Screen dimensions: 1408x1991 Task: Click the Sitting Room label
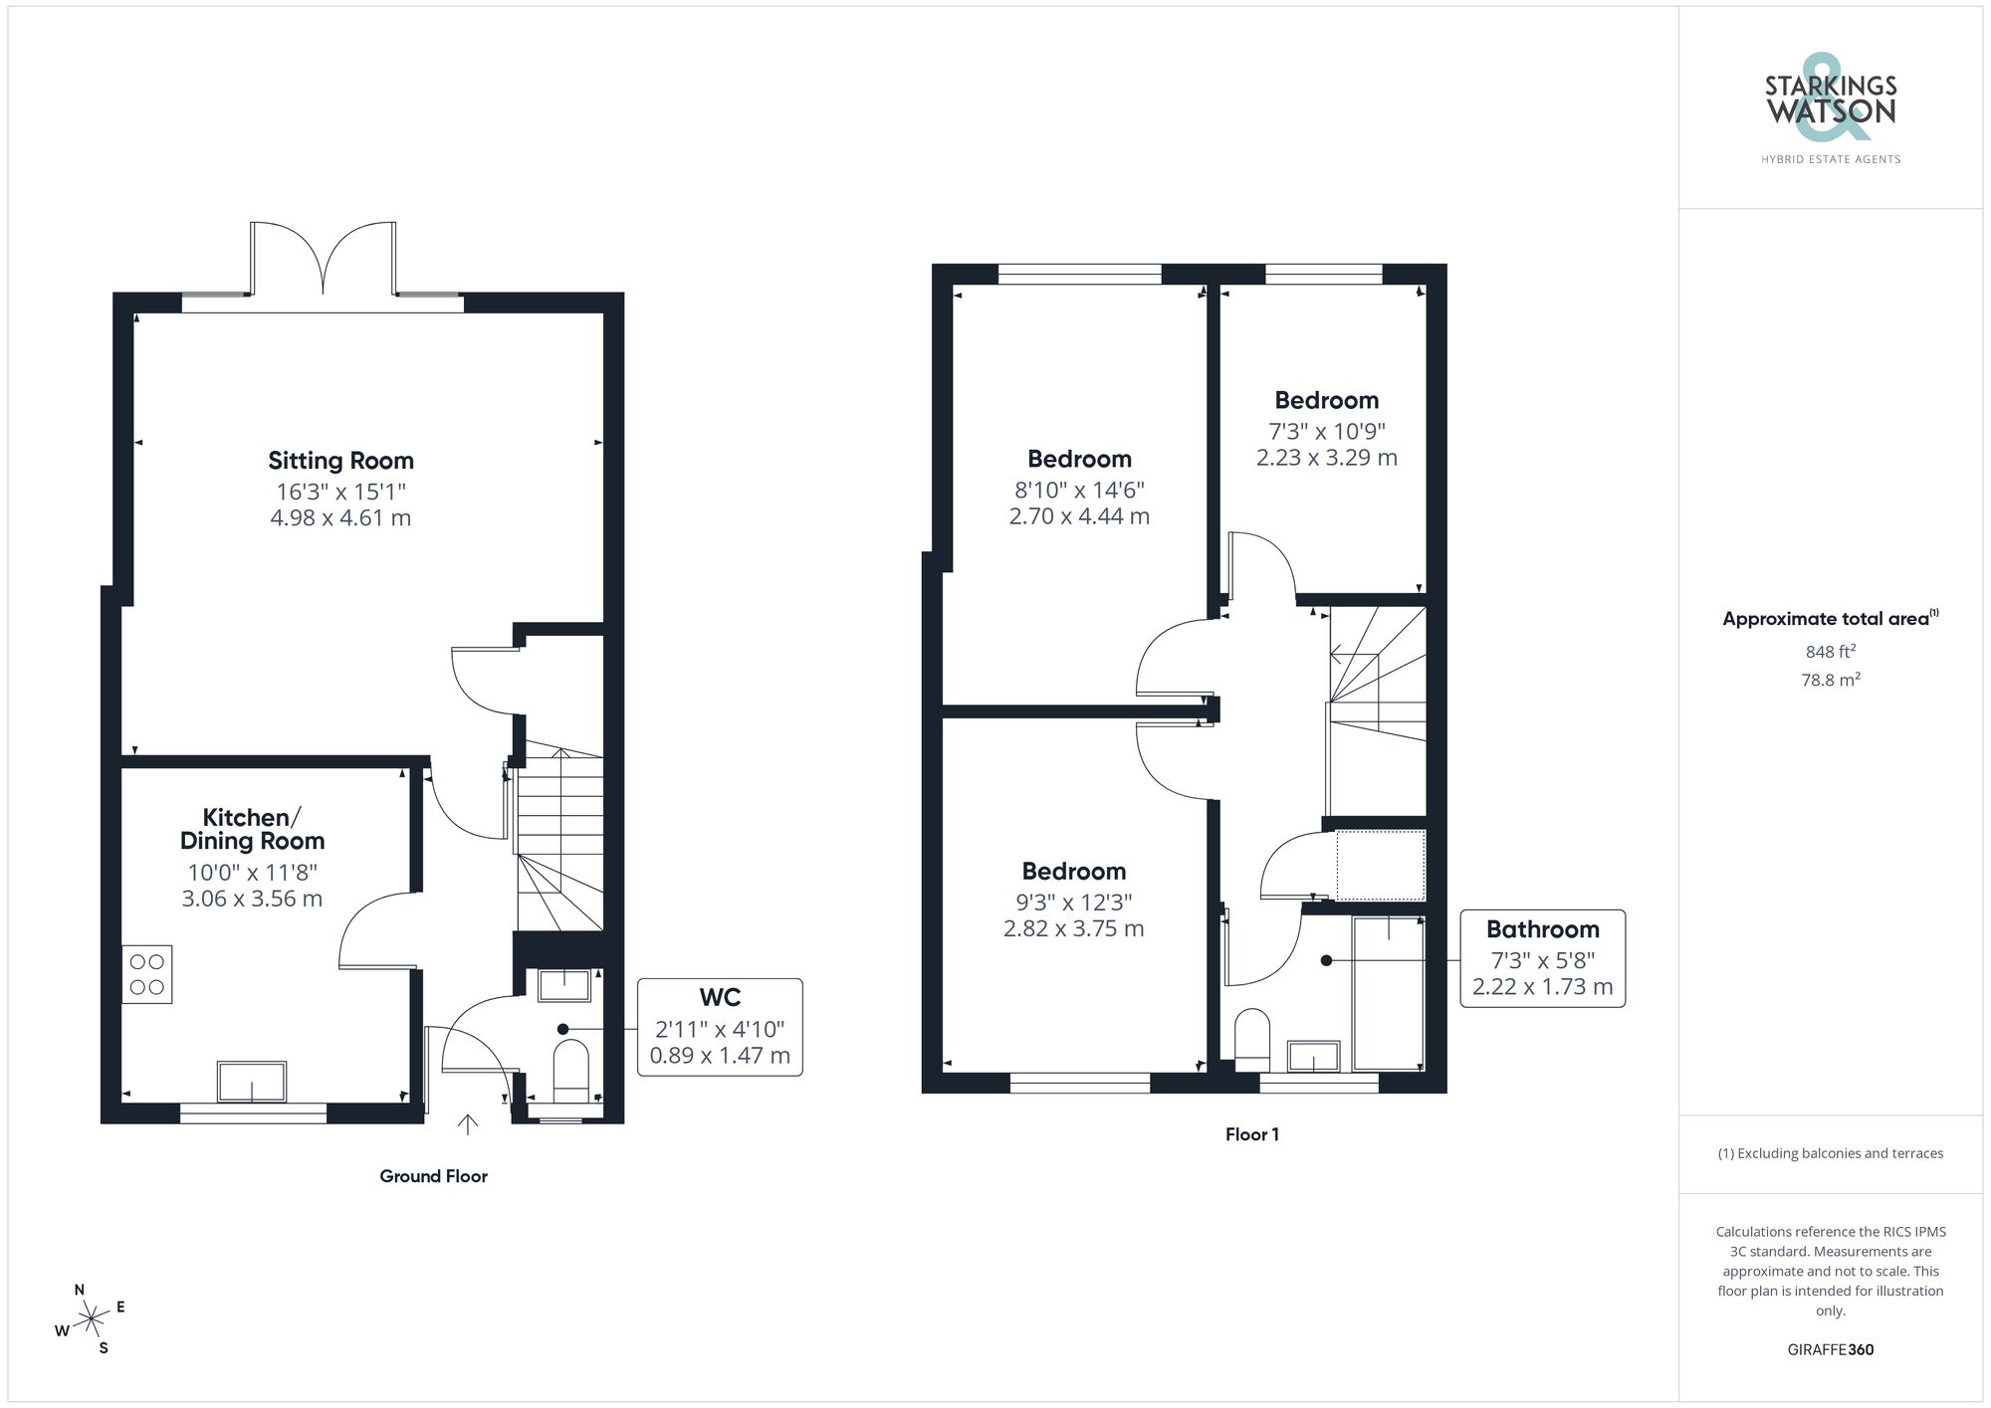340,461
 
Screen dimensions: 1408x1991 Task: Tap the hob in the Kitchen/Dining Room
147,974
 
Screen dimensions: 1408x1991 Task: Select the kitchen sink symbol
252,1082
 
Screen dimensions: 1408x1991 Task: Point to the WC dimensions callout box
720,1028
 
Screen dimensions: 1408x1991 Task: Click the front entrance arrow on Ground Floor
467,1123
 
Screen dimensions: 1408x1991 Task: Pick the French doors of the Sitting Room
324,260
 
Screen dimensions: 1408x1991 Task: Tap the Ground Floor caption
433,1176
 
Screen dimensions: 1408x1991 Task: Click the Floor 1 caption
1251,1134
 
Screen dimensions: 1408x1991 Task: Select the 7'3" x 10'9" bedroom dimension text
1326,432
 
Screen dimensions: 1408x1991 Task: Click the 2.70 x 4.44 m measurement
1079,516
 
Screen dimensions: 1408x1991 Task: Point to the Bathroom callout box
1542,958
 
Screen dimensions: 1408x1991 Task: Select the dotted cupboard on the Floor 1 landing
1380,865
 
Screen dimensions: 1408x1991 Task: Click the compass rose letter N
80,1290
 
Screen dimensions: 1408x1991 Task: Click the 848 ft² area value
1830,652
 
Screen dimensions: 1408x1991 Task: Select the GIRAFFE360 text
1830,1350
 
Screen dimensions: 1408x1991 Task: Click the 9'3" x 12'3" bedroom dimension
1073,903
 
